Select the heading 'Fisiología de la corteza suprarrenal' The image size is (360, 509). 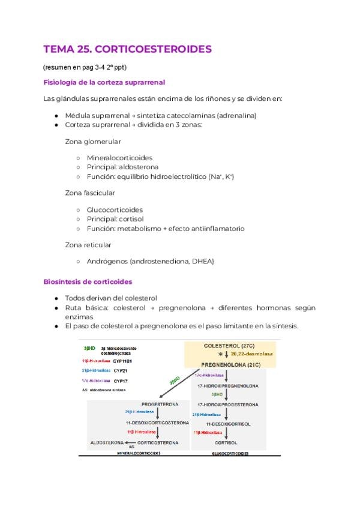click(x=104, y=82)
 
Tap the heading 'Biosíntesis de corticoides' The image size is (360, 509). click(x=88, y=282)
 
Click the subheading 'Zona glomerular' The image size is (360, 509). click(x=93, y=142)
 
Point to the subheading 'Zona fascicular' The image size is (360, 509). click(x=90, y=193)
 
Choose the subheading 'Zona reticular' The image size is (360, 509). click(x=88, y=245)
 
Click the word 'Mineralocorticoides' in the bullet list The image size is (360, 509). click(x=119, y=158)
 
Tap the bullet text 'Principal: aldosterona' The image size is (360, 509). click(x=123, y=167)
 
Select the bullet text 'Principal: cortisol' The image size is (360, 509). click(x=117, y=219)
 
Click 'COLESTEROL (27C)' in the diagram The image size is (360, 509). click(x=229, y=346)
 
